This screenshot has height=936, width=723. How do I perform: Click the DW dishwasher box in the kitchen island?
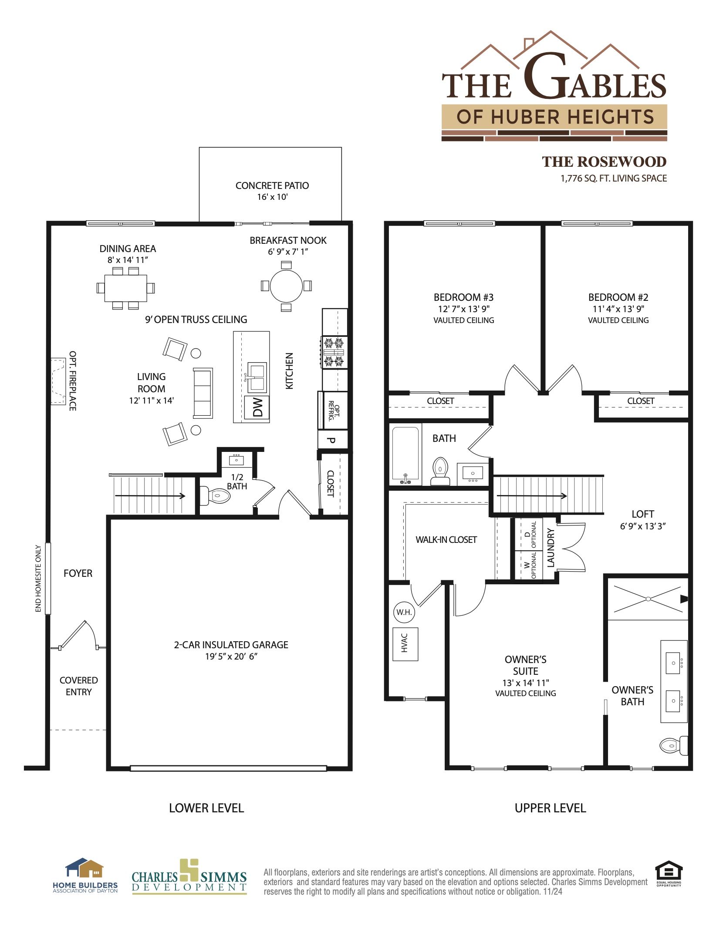click(257, 407)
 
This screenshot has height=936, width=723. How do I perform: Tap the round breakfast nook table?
click(286, 286)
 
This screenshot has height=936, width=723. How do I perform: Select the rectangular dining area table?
click(125, 288)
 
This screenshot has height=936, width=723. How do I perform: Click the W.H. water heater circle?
click(404, 612)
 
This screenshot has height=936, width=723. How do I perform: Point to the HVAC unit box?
click(405, 644)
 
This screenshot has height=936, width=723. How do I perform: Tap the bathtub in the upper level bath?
click(405, 454)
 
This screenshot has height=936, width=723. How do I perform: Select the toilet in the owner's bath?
click(673, 745)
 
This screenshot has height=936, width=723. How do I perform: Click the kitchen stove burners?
click(334, 352)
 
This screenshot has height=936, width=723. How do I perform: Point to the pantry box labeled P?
click(332, 440)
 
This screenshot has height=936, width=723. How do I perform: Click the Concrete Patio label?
click(272, 185)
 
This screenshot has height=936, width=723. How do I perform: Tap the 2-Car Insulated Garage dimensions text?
click(231, 656)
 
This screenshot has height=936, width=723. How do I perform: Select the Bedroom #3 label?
click(463, 297)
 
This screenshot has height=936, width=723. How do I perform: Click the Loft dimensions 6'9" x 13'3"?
click(642, 526)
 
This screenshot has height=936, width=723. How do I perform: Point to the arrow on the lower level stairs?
click(150, 495)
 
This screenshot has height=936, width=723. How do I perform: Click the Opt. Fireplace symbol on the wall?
click(58, 381)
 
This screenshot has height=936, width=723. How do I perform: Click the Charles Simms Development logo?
click(189, 877)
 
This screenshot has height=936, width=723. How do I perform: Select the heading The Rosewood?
click(604, 162)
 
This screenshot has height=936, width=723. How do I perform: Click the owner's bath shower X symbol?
click(648, 599)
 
